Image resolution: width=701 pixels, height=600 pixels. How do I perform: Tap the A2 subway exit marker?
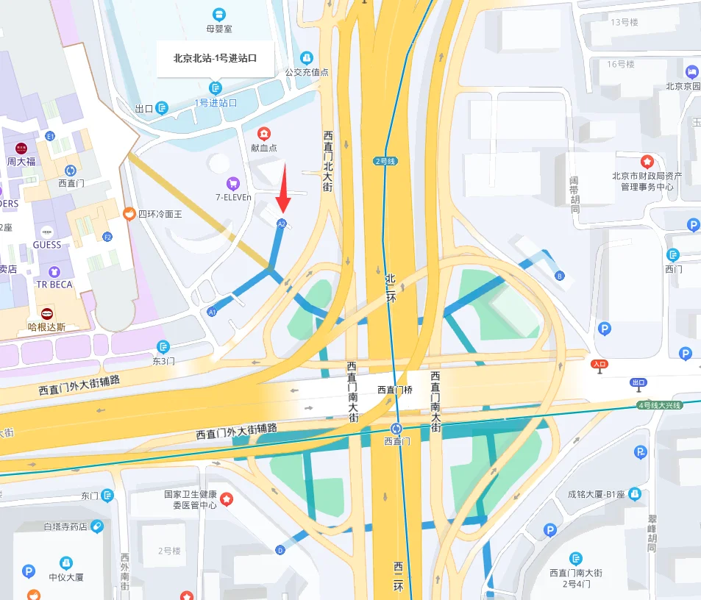tap(282, 223)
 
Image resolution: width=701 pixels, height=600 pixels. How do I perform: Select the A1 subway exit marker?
tap(212, 312)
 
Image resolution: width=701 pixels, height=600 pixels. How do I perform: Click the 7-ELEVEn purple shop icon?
tap(233, 183)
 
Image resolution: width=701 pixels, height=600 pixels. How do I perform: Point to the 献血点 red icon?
tap(263, 134)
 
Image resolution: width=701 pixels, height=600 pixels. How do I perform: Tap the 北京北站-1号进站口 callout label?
tap(215, 57)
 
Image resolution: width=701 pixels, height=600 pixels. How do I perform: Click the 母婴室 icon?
tap(218, 14)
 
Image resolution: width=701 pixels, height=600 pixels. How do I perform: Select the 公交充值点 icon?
tap(307, 57)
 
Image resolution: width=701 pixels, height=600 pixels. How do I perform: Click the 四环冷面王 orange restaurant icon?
tap(129, 213)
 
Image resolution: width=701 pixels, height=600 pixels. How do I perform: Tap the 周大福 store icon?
tap(21, 148)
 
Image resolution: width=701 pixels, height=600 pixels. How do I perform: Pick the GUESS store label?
tap(47, 245)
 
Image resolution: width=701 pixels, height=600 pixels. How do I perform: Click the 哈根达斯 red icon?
tap(47, 313)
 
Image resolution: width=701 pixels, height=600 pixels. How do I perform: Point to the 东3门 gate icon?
tap(163, 346)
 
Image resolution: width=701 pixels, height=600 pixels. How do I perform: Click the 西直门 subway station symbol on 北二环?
tap(397, 428)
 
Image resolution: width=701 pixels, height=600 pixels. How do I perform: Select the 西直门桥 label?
tap(395, 390)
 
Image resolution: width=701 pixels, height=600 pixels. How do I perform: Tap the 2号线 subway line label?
tap(385, 161)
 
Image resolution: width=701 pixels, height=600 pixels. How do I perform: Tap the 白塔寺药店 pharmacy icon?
tap(96, 526)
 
